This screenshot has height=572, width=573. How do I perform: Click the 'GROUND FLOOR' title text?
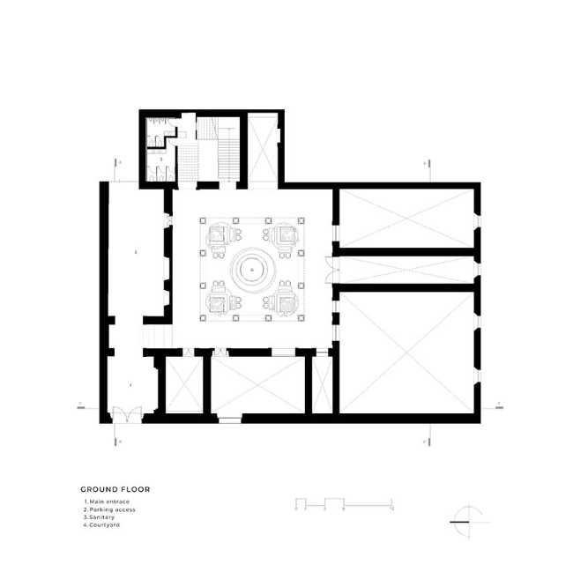coord(108,489)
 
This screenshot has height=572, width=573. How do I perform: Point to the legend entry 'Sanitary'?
coord(100,517)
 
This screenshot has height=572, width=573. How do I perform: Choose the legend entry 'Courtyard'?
coord(102,525)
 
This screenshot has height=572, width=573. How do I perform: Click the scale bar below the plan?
coord(343,504)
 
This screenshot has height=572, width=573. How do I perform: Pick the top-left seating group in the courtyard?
coord(216,234)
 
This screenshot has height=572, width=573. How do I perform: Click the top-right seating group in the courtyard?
coord(286,234)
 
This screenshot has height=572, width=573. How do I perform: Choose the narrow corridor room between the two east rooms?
coord(407,267)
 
